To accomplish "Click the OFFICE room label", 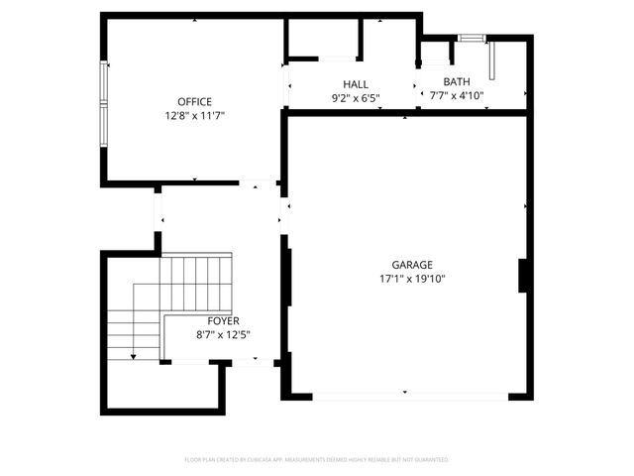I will tap(194, 102).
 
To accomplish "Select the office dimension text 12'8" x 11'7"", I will tap(194, 116).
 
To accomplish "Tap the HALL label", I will tap(356, 84).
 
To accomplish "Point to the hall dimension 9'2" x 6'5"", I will tap(356, 97).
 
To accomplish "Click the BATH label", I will tap(457, 82).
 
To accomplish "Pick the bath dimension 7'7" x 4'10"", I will tap(457, 95).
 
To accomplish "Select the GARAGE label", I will tap(412, 265).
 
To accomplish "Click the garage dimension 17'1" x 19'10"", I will tap(412, 279).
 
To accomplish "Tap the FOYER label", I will tap(223, 321).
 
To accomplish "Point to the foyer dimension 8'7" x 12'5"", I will tap(223, 334).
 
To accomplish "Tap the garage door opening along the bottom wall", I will tap(410, 396).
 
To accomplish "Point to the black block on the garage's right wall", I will tap(522, 275).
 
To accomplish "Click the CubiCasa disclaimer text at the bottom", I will tap(317, 460).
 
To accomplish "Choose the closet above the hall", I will tap(323, 40).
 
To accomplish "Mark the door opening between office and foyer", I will tap(258, 183).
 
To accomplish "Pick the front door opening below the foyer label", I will tap(251, 362).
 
